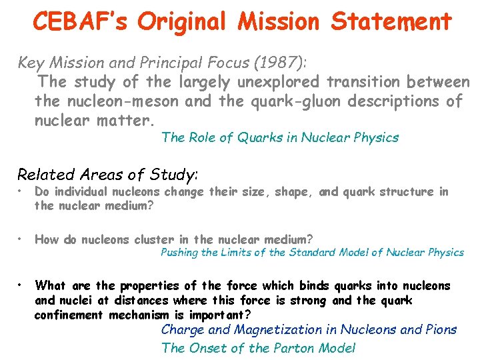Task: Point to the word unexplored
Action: pyautogui.click(x=277, y=82)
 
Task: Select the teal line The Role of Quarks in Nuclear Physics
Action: pyautogui.click(x=280, y=138)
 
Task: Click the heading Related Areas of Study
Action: pyautogui.click(x=107, y=175)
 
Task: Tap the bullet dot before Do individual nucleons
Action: pyautogui.click(x=22, y=192)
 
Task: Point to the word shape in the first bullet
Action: pyautogui.click(x=293, y=192)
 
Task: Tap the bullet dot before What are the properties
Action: pyautogui.click(x=22, y=286)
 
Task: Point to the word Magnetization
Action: pyautogui.click(x=283, y=329)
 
